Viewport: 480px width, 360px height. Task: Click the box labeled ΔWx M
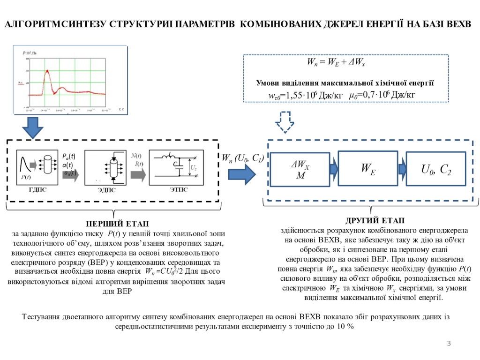pos(300,171)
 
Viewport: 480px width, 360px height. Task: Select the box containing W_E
pos(367,170)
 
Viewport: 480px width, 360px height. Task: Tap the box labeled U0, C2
pos(436,170)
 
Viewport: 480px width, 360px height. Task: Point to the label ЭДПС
pos(107,190)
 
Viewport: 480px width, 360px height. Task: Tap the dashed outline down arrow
pos(285,123)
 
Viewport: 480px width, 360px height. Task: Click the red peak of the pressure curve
pos(47,72)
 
